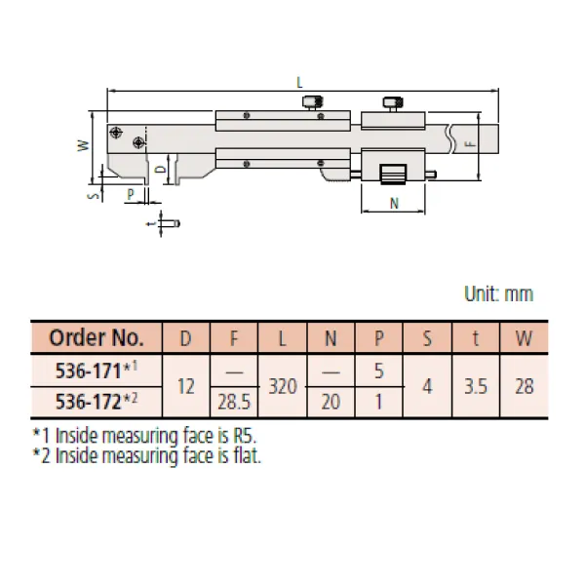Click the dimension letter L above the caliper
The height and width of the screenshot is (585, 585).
pos(299,83)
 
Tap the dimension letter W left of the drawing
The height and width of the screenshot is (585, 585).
pos(84,145)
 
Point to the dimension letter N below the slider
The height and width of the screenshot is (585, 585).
pos(394,204)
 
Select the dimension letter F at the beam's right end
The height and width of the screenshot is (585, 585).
pos(471,143)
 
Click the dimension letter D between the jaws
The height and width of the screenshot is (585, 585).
pos(161,170)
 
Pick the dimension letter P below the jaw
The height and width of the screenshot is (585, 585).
pos(131,194)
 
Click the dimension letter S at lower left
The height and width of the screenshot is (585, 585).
pos(95,195)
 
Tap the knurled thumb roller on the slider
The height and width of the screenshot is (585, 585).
pos(393,175)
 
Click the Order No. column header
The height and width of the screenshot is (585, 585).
pos(97,337)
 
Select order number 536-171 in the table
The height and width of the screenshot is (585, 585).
pos(89,370)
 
